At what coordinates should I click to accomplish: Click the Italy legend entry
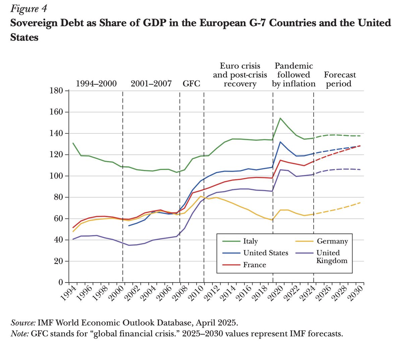250,241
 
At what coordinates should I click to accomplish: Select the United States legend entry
266,253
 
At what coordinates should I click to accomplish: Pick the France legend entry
255,265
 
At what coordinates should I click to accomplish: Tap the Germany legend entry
332,241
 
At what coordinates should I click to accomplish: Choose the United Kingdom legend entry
332,256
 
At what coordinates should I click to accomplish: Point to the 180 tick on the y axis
56,91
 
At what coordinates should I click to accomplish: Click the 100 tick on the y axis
56,176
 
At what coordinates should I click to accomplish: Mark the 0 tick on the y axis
61,283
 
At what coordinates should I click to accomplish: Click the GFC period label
191,83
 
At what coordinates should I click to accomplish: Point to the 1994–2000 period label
96,83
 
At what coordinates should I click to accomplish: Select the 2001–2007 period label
151,83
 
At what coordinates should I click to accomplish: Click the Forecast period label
340,79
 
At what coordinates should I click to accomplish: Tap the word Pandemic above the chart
294,66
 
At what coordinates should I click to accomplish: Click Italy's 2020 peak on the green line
280,118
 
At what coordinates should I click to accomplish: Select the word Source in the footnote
23,323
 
